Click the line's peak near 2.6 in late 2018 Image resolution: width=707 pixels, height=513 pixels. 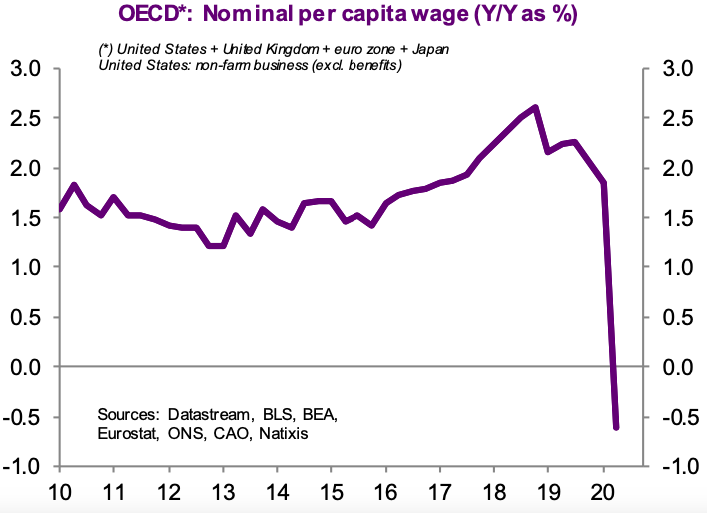536,107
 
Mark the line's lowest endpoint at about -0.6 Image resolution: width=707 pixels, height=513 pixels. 616,427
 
